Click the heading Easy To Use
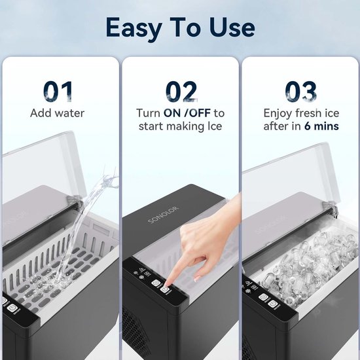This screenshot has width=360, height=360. pos(180,28)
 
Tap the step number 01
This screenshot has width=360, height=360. pos(58,92)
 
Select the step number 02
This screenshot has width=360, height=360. pos(181,92)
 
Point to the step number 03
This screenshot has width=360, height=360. pos(301,92)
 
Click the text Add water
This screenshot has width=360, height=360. pos(57,113)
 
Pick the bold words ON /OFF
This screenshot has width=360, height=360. pos(187,113)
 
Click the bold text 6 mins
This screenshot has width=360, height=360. pos(321,126)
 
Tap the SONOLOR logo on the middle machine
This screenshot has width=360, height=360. pos(164,215)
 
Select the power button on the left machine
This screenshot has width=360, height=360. pos(12,308)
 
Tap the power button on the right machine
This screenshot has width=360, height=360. pos(272,304)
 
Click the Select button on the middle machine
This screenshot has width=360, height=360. pos(156,283)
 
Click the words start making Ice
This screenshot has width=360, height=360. pos(181,126)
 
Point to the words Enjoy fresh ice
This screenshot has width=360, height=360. pos(301,113)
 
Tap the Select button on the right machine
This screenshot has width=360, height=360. pos(263,298)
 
